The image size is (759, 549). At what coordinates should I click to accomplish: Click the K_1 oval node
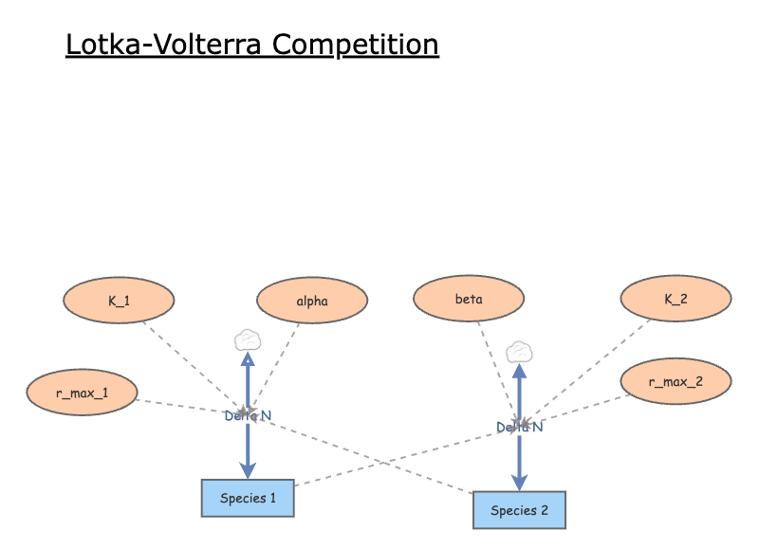[119, 302]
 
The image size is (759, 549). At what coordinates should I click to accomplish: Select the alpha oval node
[312, 302]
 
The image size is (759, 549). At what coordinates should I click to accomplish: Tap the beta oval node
[469, 300]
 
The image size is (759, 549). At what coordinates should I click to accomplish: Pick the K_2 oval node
[676, 300]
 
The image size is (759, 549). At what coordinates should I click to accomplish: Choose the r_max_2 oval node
[676, 382]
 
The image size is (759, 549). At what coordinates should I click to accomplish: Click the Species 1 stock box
[248, 499]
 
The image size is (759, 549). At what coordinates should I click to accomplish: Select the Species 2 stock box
[519, 510]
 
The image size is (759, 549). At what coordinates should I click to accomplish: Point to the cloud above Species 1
[248, 339]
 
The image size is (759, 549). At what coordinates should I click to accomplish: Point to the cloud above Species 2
[519, 352]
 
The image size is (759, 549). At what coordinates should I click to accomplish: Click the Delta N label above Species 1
[248, 415]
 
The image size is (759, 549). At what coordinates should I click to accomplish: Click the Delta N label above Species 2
[519, 428]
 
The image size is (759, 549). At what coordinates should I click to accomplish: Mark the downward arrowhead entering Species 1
[248, 471]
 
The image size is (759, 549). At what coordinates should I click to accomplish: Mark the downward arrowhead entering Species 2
[519, 483]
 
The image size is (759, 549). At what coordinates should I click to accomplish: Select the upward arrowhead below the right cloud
[519, 371]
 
